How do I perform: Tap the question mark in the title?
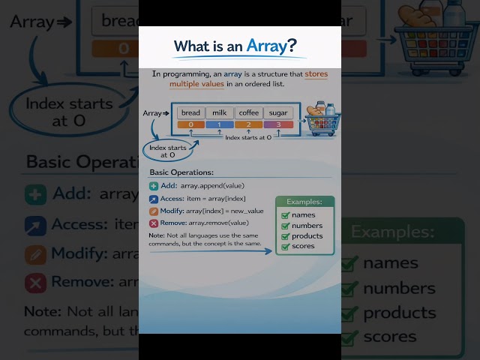(x=292, y=46)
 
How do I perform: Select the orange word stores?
(x=316, y=74)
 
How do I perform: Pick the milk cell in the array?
(x=218, y=112)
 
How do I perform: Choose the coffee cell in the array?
(x=248, y=112)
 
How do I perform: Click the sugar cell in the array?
(x=279, y=112)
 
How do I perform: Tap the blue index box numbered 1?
(x=218, y=124)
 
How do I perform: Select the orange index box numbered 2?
(x=248, y=124)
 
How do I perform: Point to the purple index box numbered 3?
(x=279, y=124)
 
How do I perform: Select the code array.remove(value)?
(x=217, y=223)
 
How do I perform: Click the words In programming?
(x=174, y=74)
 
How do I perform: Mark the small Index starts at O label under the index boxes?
(x=248, y=137)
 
